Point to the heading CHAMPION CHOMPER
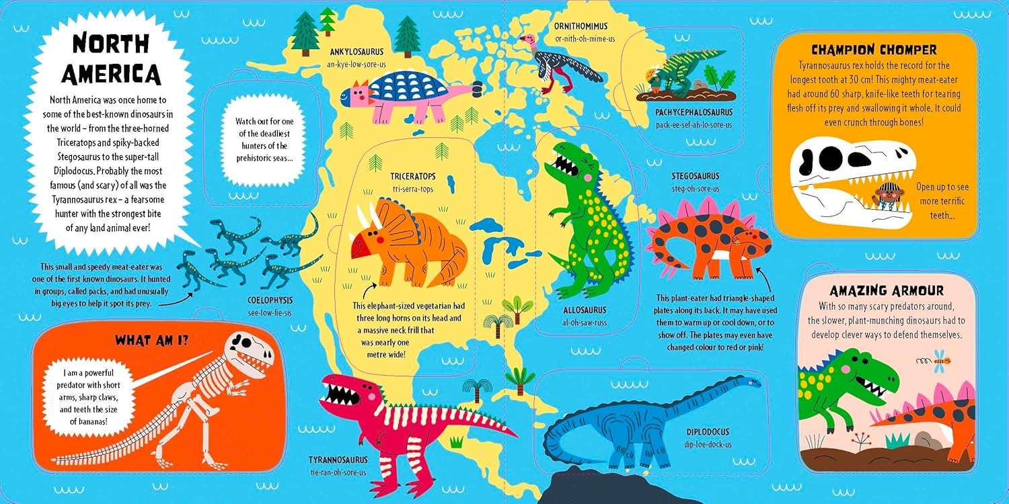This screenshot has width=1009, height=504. pos(874,50)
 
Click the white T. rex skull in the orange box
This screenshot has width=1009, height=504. pos(848,178)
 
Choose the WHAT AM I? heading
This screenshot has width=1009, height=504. pos(151,340)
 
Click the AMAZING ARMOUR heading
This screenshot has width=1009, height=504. pos(887,291)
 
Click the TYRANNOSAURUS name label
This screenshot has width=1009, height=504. pos(338,460)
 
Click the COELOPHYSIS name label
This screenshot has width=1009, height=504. pos(268,302)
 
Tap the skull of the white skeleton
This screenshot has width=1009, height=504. pos(250,349)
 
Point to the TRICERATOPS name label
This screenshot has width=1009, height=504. pos(413,177)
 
